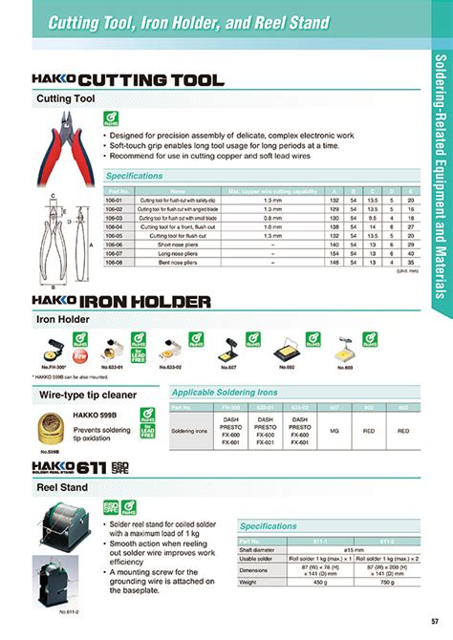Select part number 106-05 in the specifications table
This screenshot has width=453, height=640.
[x=115, y=235]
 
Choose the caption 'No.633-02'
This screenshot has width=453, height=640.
[x=168, y=367]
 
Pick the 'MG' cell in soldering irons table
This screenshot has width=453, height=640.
[x=334, y=431]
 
